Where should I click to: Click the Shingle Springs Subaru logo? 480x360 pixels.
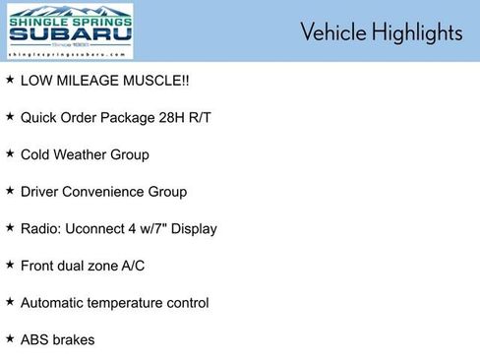pyautogui.click(x=69, y=31)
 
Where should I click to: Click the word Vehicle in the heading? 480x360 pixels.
pyautogui.click(x=331, y=32)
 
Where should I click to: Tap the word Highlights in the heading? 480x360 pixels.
pyautogui.click(x=415, y=32)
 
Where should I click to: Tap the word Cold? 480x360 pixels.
pyautogui.click(x=36, y=154)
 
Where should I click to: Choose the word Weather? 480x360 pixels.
pyautogui.click(x=84, y=154)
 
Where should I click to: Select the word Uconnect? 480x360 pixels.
pyautogui.click(x=105, y=228)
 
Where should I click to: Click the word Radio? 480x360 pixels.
pyautogui.click(x=41, y=228)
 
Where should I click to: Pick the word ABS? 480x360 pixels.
pyautogui.click(x=35, y=339)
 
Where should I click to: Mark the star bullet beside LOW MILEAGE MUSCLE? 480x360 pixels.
pyautogui.click(x=10, y=79)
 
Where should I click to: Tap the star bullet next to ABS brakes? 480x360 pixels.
pyautogui.click(x=10, y=338)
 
